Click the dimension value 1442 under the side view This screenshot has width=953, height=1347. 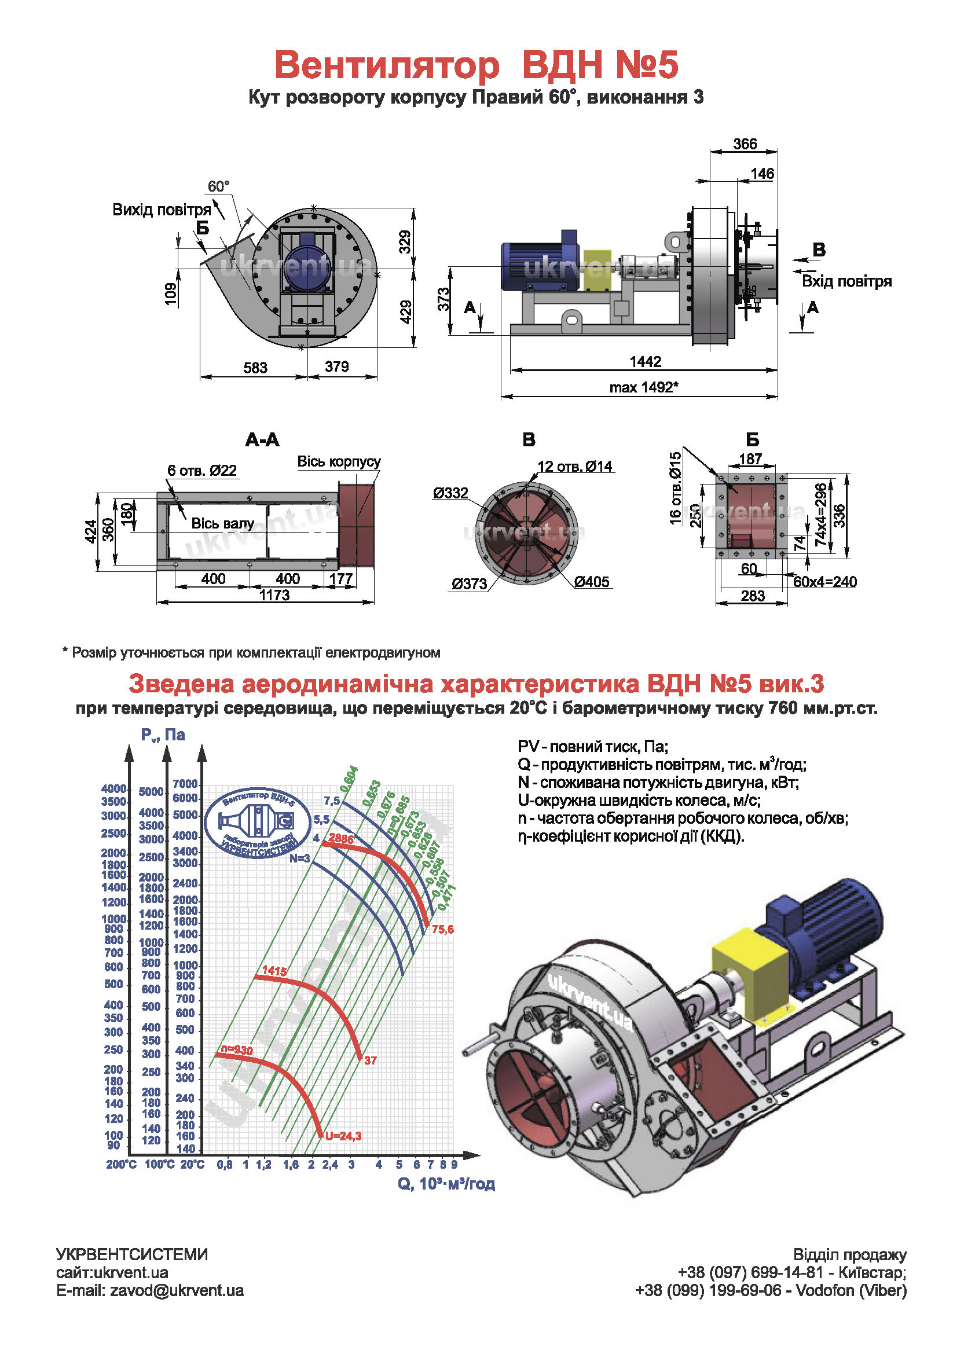pos(645,361)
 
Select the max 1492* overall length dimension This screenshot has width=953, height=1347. pos(644,387)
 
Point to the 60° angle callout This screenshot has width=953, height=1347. pos(218,186)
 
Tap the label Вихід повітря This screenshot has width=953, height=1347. pos(162,210)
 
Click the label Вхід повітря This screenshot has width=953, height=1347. pos(846,281)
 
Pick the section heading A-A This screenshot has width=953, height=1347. pos(262,439)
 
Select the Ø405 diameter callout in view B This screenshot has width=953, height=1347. pos(592,581)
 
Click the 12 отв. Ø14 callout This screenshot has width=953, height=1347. pos(574,467)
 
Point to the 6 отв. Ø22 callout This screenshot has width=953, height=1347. pos(202,470)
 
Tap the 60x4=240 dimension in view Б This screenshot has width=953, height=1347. pos(824,582)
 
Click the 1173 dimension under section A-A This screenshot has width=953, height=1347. pos(274,595)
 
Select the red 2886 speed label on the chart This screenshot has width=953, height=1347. pos(341,838)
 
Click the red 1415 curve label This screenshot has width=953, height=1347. pos(274,971)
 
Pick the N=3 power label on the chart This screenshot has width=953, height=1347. pos(299,858)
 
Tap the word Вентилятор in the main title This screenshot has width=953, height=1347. pos(387,64)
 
